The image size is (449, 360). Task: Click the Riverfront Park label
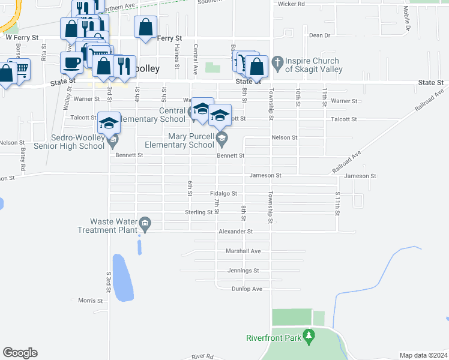[274, 338]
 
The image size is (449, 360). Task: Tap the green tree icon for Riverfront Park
[309, 334]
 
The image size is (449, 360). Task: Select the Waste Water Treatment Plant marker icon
[145, 225]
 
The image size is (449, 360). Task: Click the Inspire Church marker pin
[277, 62]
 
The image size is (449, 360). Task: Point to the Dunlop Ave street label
[247, 289]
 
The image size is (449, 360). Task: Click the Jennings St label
[243, 271]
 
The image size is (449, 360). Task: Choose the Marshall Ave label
[243, 251]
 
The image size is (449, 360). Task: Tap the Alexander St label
[236, 231]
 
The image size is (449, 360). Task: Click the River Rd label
[202, 356]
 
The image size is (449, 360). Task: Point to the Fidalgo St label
[224, 194]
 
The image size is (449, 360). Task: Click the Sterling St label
[199, 212]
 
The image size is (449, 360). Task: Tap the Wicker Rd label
[292, 4]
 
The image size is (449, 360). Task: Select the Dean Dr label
[319, 35]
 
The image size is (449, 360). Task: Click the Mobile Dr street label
[407, 19]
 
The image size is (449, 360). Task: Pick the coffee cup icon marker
[71, 61]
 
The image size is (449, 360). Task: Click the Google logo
[20, 353]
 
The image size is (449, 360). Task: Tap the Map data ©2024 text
[424, 355]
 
